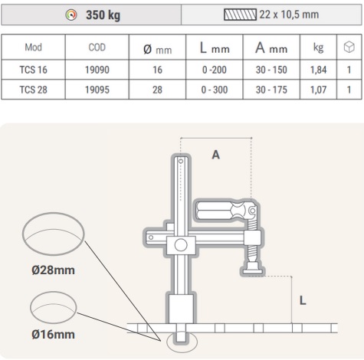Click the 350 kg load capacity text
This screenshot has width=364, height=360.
[103, 15]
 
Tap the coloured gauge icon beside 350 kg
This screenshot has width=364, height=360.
[71, 15]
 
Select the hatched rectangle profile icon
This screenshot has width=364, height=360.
[240, 15]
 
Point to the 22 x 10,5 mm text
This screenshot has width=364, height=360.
[289, 15]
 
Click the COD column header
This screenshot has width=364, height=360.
[97, 47]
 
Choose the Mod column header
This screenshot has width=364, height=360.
[33, 47]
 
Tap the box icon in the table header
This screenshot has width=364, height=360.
[349, 47]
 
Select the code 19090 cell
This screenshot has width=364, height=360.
[97, 70]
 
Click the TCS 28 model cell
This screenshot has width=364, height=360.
[33, 90]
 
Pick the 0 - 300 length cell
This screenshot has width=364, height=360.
[215, 90]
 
